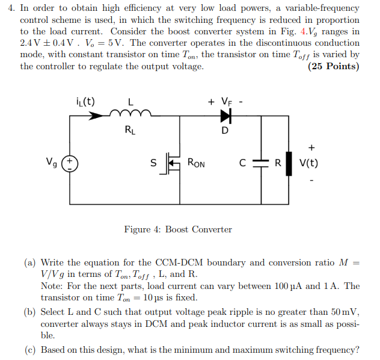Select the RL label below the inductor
click(130, 129)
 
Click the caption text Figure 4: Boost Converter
click(178, 229)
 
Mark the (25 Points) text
click(334, 66)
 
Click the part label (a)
click(30, 262)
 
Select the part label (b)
click(30, 312)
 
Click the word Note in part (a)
click(51, 286)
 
